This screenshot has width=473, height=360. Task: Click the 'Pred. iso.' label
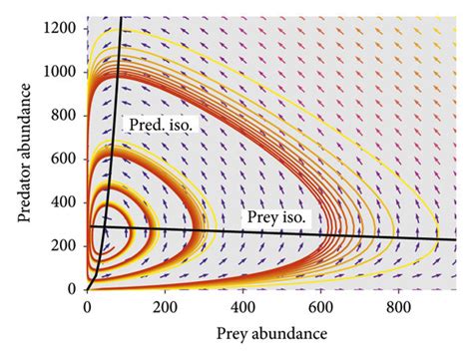click(x=160, y=125)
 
